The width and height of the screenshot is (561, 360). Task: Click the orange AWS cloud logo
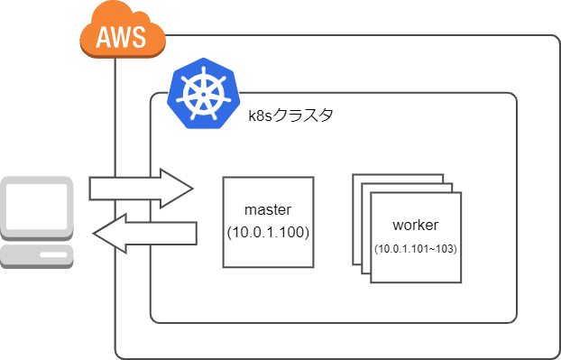(123, 33)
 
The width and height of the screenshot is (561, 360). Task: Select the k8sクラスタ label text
(290, 115)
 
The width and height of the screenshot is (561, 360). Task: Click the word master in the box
(269, 209)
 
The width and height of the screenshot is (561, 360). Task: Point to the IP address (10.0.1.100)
(269, 232)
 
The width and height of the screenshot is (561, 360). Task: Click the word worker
(416, 225)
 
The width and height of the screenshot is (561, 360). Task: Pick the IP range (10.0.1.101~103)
(416, 248)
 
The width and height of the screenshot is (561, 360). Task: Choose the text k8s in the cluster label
(262, 115)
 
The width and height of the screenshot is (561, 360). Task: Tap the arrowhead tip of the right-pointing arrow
(192, 188)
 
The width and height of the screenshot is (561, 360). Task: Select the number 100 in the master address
(293, 232)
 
